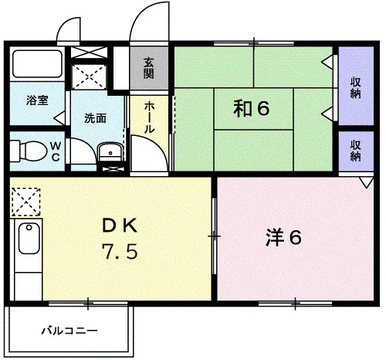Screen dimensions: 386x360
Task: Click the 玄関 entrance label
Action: click(149, 69)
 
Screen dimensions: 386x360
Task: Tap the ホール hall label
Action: click(149, 117)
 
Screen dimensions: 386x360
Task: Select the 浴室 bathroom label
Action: click(37, 100)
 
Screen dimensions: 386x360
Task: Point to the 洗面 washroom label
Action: click(96, 118)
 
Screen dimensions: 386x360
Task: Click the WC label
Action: click(56, 151)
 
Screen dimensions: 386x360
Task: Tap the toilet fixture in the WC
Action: click(29, 151)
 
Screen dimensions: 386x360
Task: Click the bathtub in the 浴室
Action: click(38, 63)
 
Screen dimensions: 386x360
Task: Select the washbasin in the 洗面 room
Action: click(110, 151)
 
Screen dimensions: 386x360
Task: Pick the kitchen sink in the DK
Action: click(29, 238)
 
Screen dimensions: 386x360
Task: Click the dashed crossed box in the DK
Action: click(26, 202)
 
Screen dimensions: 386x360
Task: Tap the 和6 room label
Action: click(252, 108)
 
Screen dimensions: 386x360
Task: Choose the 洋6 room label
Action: click(283, 238)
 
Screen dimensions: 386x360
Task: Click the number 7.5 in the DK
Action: click(120, 251)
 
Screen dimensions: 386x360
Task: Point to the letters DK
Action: click(120, 226)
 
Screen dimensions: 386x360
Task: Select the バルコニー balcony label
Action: click(69, 331)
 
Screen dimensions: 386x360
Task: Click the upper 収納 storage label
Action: click(355, 88)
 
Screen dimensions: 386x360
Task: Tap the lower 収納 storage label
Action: click(355, 151)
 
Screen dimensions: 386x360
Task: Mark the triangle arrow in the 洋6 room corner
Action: click(367, 182)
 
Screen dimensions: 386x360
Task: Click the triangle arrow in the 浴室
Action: click(59, 118)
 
